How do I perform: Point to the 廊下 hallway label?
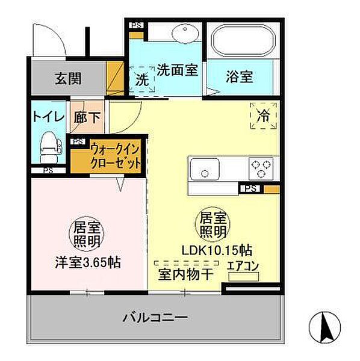[87, 117]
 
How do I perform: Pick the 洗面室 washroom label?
[178, 70]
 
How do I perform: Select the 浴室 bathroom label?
[239, 78]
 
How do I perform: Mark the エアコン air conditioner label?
[243, 265]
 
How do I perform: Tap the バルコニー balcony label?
[156, 317]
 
